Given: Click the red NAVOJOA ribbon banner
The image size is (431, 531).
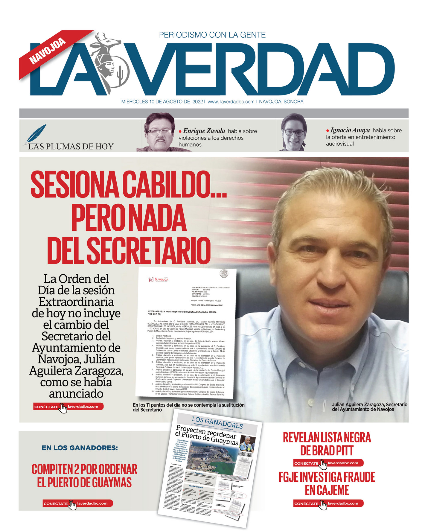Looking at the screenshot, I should point(48,51).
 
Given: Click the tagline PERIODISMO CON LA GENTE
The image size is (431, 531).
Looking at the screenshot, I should point(212,35).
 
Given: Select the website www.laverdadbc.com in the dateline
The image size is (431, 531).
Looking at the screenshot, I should point(231,102).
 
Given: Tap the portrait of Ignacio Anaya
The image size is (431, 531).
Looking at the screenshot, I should point(293,132).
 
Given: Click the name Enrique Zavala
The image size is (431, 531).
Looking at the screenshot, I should point(204,131).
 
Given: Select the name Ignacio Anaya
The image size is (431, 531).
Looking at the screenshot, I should point(350,130).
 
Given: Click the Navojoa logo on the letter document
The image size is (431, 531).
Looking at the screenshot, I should point(159,279).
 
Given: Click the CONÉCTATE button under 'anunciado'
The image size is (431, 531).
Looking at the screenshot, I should point(68,407).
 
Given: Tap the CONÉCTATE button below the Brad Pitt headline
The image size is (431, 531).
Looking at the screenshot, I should point(328,463).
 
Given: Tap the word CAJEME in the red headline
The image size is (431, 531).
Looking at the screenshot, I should point(327,490).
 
